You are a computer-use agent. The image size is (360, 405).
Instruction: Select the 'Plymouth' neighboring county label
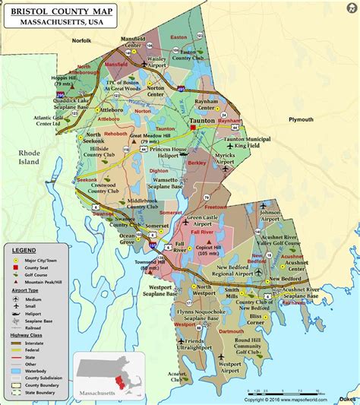pos(300,120)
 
